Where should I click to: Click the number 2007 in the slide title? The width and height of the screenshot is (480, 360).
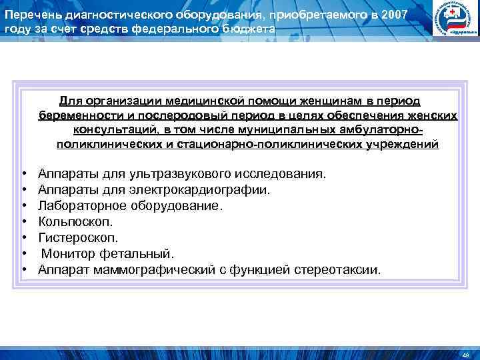coord(392,14)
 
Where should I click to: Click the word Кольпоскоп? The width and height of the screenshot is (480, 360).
coord(75,221)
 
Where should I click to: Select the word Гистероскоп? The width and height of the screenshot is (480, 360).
coord(79,237)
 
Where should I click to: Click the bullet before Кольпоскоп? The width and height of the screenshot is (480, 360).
coord(23,222)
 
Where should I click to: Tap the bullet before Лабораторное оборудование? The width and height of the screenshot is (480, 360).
coord(23,206)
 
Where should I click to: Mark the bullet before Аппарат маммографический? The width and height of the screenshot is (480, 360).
coord(23,270)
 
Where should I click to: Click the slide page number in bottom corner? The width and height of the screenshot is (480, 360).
coord(466,354)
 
